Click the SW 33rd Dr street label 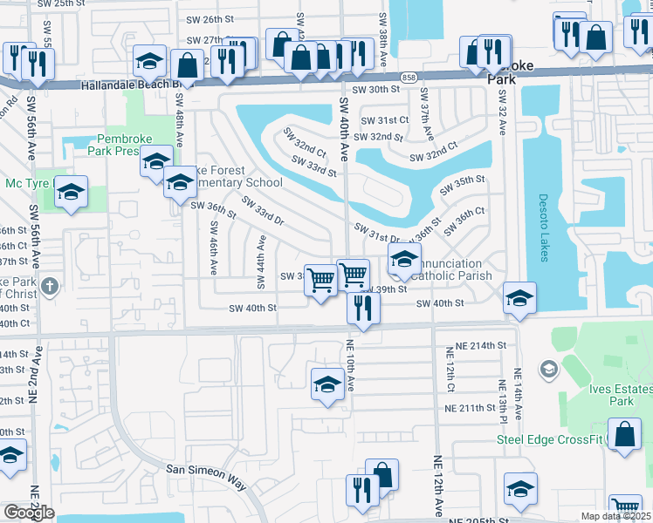264,214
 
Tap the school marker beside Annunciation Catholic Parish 404,259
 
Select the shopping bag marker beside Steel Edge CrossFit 625,434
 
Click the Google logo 29,513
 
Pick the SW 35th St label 463,185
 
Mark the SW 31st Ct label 385,119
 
